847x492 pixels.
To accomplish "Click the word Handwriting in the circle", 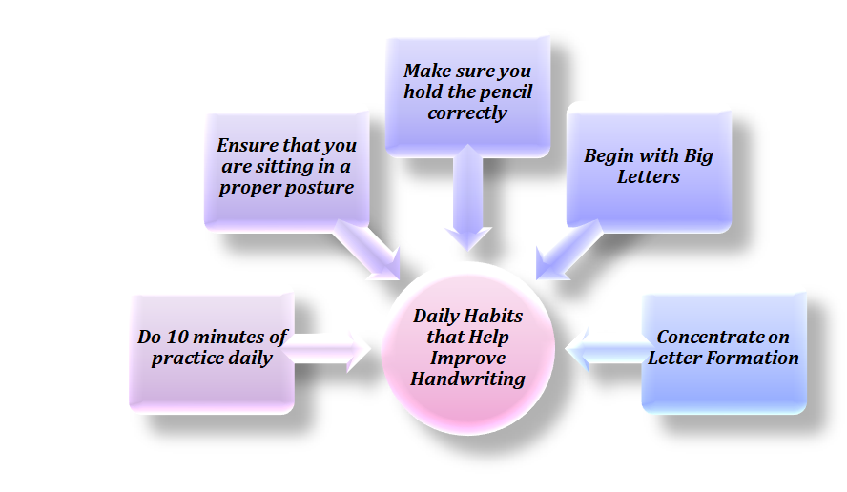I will click(467, 379).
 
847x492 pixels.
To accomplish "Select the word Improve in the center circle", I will click(467, 358).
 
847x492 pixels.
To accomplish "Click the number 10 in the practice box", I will click(183, 338).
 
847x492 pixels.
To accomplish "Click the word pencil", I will click(501, 92).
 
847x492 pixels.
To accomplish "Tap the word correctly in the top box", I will click(467, 113).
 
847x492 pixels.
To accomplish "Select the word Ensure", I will click(249, 146).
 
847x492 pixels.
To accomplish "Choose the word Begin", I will click(611, 155).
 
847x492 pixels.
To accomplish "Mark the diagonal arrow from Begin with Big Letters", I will click(565, 250).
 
